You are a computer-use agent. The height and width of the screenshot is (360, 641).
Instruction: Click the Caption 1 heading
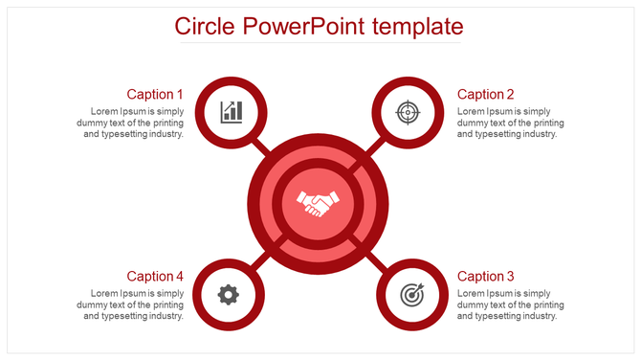pos(155,94)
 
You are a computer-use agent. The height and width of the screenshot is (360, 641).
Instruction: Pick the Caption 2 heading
pos(486,94)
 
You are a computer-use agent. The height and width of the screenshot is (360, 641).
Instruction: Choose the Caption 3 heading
pos(486,276)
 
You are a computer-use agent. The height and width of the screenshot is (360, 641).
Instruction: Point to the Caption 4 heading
pos(155,276)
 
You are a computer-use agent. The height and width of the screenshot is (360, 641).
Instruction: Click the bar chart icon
pos(231,112)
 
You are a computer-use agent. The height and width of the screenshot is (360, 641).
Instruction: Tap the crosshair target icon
pos(409,112)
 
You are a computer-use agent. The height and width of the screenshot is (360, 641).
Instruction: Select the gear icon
pos(228,294)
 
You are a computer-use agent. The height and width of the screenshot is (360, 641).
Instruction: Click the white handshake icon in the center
pos(319,203)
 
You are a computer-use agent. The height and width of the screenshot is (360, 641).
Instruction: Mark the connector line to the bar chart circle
pos(259,145)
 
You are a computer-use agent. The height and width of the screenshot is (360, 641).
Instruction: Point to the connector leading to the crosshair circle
pos(375,146)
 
